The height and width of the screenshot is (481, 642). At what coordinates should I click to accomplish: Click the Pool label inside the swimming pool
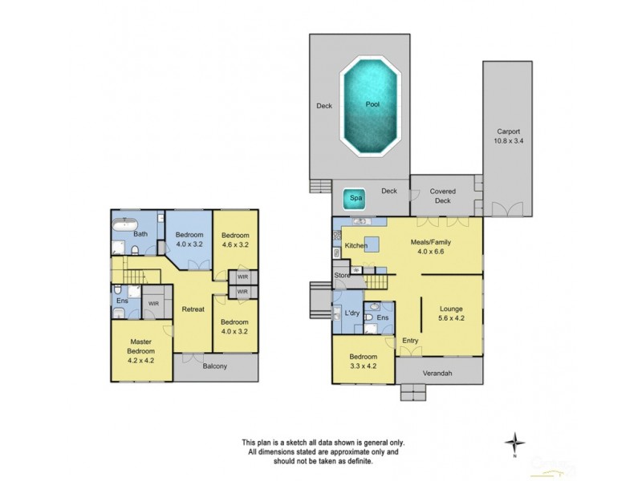tap(372, 104)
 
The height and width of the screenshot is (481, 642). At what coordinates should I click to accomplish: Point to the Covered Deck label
tap(442, 196)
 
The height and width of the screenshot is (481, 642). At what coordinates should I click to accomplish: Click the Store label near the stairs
tap(343, 277)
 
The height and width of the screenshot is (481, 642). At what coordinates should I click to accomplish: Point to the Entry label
tap(410, 341)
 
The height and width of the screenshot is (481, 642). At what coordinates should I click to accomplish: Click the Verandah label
tap(440, 372)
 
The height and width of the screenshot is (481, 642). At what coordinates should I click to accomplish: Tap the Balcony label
tap(214, 366)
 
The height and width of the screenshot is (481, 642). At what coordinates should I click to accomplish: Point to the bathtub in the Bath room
tap(126, 224)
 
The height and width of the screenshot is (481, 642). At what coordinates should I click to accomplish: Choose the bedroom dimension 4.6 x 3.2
tap(237, 245)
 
